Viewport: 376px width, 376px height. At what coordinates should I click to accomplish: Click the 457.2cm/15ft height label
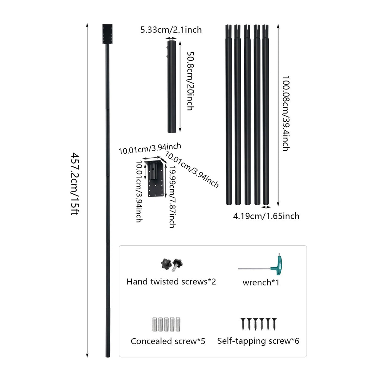tap(75, 184)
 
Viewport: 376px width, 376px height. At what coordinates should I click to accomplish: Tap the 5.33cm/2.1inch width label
tap(171, 30)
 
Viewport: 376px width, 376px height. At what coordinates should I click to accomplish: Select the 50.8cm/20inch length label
tap(190, 81)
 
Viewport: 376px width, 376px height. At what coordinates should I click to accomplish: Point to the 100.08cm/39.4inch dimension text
tap(286, 113)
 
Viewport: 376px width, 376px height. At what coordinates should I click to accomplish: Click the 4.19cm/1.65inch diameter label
tap(266, 216)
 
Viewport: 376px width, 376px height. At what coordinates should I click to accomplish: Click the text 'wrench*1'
tap(261, 282)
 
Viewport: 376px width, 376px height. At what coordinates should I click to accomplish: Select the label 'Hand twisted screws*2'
tap(171, 282)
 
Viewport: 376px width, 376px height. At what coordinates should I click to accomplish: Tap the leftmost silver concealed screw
tap(154, 324)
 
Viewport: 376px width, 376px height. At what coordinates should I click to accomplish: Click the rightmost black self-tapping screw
tap(274, 324)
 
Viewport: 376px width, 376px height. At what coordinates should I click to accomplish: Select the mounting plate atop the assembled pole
tap(107, 34)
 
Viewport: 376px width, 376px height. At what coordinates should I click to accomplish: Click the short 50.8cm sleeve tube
tap(172, 86)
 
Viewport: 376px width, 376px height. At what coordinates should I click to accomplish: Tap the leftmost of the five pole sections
tap(229, 115)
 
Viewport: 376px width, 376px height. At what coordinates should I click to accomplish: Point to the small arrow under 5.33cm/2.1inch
tap(171, 38)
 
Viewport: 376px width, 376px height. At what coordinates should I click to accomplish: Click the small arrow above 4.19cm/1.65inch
tap(266, 207)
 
